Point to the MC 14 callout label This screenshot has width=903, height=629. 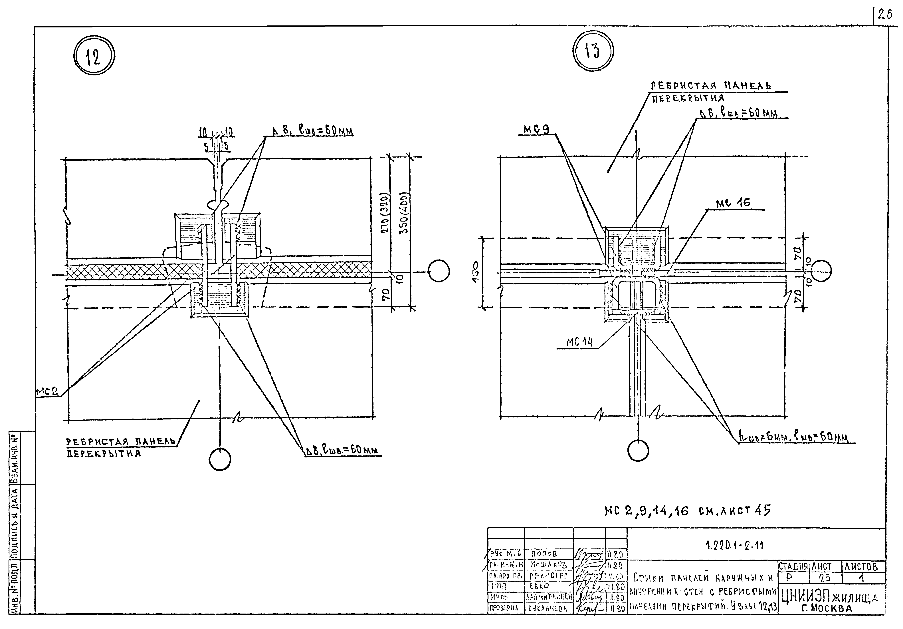[579, 342]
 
